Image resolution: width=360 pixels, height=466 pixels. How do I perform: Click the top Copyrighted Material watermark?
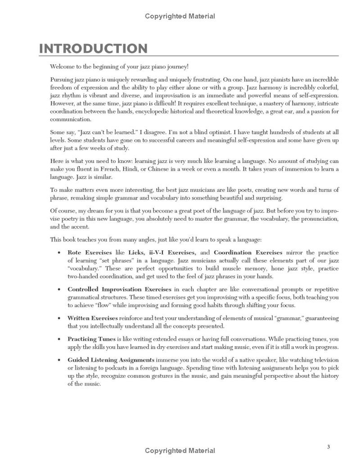(x=180, y=16)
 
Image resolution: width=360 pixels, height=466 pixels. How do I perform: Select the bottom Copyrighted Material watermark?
(x=180, y=451)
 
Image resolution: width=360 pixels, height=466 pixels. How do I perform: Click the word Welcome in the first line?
(x=62, y=66)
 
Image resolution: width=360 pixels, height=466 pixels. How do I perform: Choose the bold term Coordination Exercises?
(x=248, y=252)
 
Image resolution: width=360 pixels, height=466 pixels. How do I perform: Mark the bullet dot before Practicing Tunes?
(x=58, y=339)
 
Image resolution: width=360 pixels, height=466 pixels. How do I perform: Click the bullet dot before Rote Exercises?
(x=58, y=253)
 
